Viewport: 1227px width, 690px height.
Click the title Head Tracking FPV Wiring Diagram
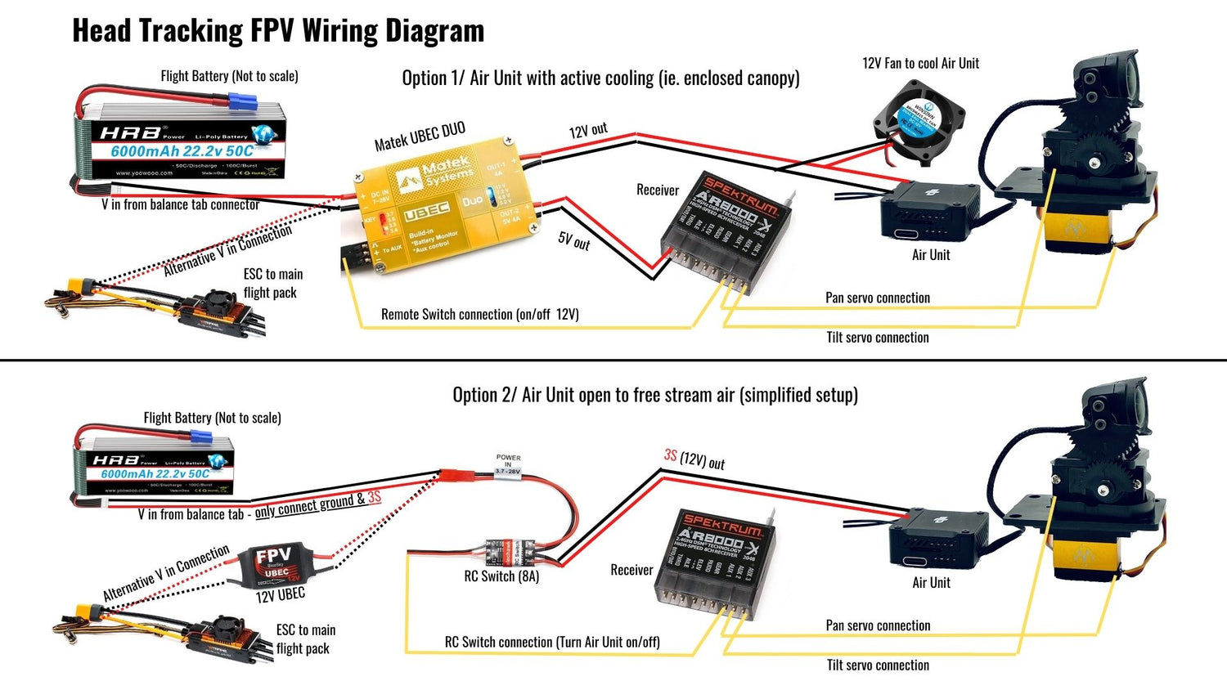pyautogui.click(x=278, y=31)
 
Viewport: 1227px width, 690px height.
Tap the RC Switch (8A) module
pyautogui.click(x=509, y=552)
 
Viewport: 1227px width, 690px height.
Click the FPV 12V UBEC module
pyautogui.click(x=274, y=566)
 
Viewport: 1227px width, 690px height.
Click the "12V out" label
pyautogui.click(x=588, y=131)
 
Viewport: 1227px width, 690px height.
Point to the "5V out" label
pyautogui.click(x=574, y=240)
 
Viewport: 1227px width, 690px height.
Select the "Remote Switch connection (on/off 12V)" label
pyautogui.click(x=479, y=315)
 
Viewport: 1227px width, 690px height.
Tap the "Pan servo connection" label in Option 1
pyautogui.click(x=877, y=298)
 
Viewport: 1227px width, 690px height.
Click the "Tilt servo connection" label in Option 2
pyautogui.click(x=877, y=665)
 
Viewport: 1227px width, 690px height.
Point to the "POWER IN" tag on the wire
pyautogui.click(x=508, y=464)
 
